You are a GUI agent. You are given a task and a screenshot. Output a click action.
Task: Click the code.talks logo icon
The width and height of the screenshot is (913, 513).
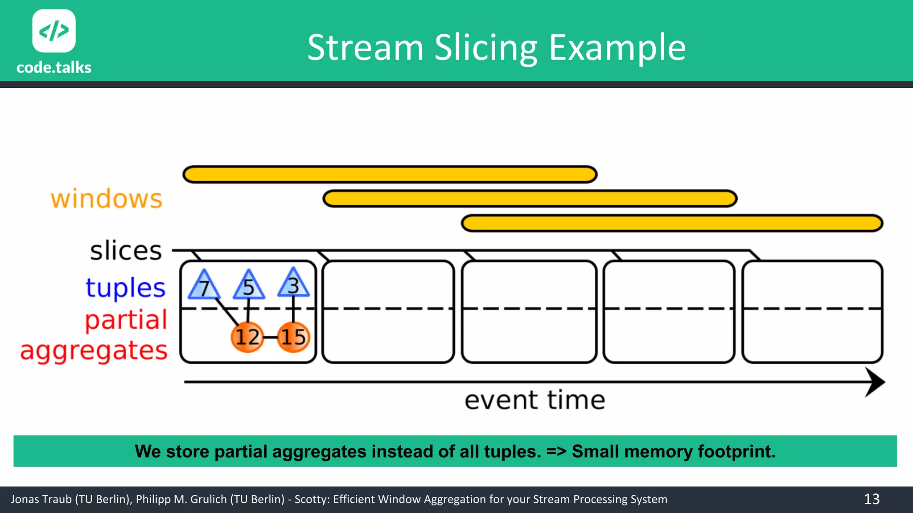54,31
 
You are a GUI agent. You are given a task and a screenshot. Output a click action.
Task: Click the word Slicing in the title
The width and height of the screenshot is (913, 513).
486,48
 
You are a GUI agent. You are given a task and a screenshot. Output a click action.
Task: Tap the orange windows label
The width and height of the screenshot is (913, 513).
107,199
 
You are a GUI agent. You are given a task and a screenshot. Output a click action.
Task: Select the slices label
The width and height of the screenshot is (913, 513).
126,251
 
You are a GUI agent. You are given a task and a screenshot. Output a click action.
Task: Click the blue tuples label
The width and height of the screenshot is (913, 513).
126,288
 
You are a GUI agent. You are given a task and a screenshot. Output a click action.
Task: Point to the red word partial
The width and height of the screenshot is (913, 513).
126,320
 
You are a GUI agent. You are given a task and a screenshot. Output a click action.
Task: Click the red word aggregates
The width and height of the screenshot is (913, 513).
94,351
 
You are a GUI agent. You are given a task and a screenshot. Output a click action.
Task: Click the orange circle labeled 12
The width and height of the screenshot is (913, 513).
247,337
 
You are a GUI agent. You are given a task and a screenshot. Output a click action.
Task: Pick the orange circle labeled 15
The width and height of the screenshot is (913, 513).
293,337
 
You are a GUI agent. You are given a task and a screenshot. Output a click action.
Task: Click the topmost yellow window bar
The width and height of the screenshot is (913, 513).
390,175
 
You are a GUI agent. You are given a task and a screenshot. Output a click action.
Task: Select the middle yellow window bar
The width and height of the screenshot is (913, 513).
530,199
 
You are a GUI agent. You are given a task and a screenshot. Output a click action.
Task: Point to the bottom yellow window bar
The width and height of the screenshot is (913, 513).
672,223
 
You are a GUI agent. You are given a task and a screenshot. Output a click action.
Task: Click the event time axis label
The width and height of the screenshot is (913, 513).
535,400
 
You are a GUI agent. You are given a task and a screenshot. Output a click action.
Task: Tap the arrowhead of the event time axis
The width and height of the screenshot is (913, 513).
875,382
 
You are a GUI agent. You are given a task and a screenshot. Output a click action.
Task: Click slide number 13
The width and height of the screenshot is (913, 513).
872,499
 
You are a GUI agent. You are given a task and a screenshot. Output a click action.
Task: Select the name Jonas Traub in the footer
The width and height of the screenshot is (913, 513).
41,499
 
